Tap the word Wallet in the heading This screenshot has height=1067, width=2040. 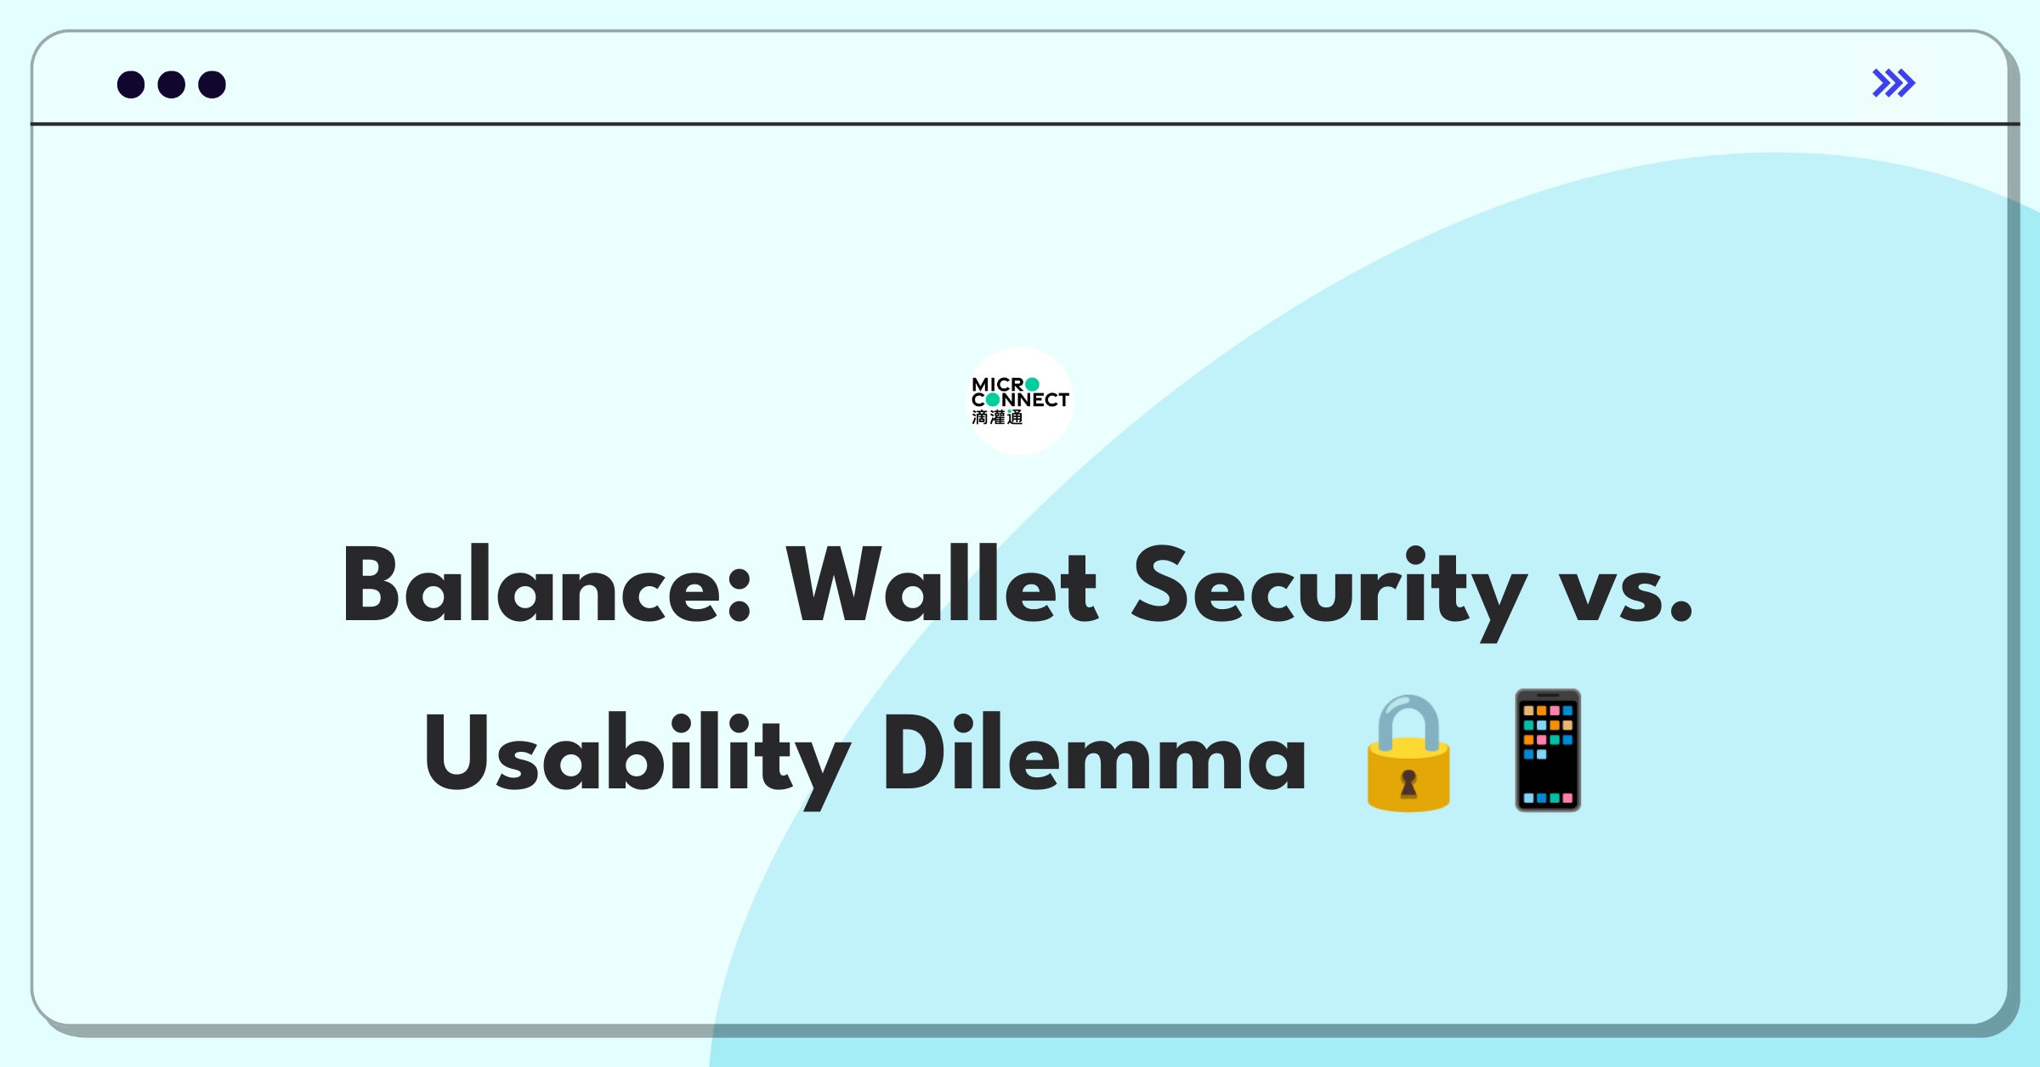pyautogui.click(x=942, y=586)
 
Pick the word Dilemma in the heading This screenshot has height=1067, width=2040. pyautogui.click(x=1095, y=752)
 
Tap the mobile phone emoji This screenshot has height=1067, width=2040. pyautogui.click(x=1548, y=751)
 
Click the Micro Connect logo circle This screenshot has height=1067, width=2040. pyautogui.click(x=1020, y=401)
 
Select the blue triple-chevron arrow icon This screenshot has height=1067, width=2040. pyautogui.click(x=1893, y=83)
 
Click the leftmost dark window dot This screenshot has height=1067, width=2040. pyautogui.click(x=131, y=85)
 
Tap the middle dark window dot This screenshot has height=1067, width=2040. pyautogui.click(x=172, y=85)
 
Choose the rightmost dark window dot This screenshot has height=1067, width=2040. pyautogui.click(x=212, y=85)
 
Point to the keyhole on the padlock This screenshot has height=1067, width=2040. pyautogui.click(x=1408, y=782)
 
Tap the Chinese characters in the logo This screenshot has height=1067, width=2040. pyautogui.click(x=997, y=417)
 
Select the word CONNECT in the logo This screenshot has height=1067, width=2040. pyautogui.click(x=1020, y=399)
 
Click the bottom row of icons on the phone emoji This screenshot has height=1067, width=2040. pyautogui.click(x=1548, y=798)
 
